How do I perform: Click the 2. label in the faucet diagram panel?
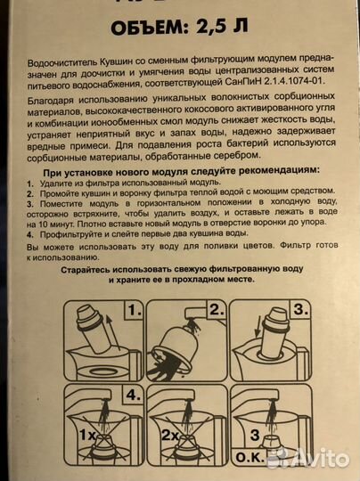tap(213, 311)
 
